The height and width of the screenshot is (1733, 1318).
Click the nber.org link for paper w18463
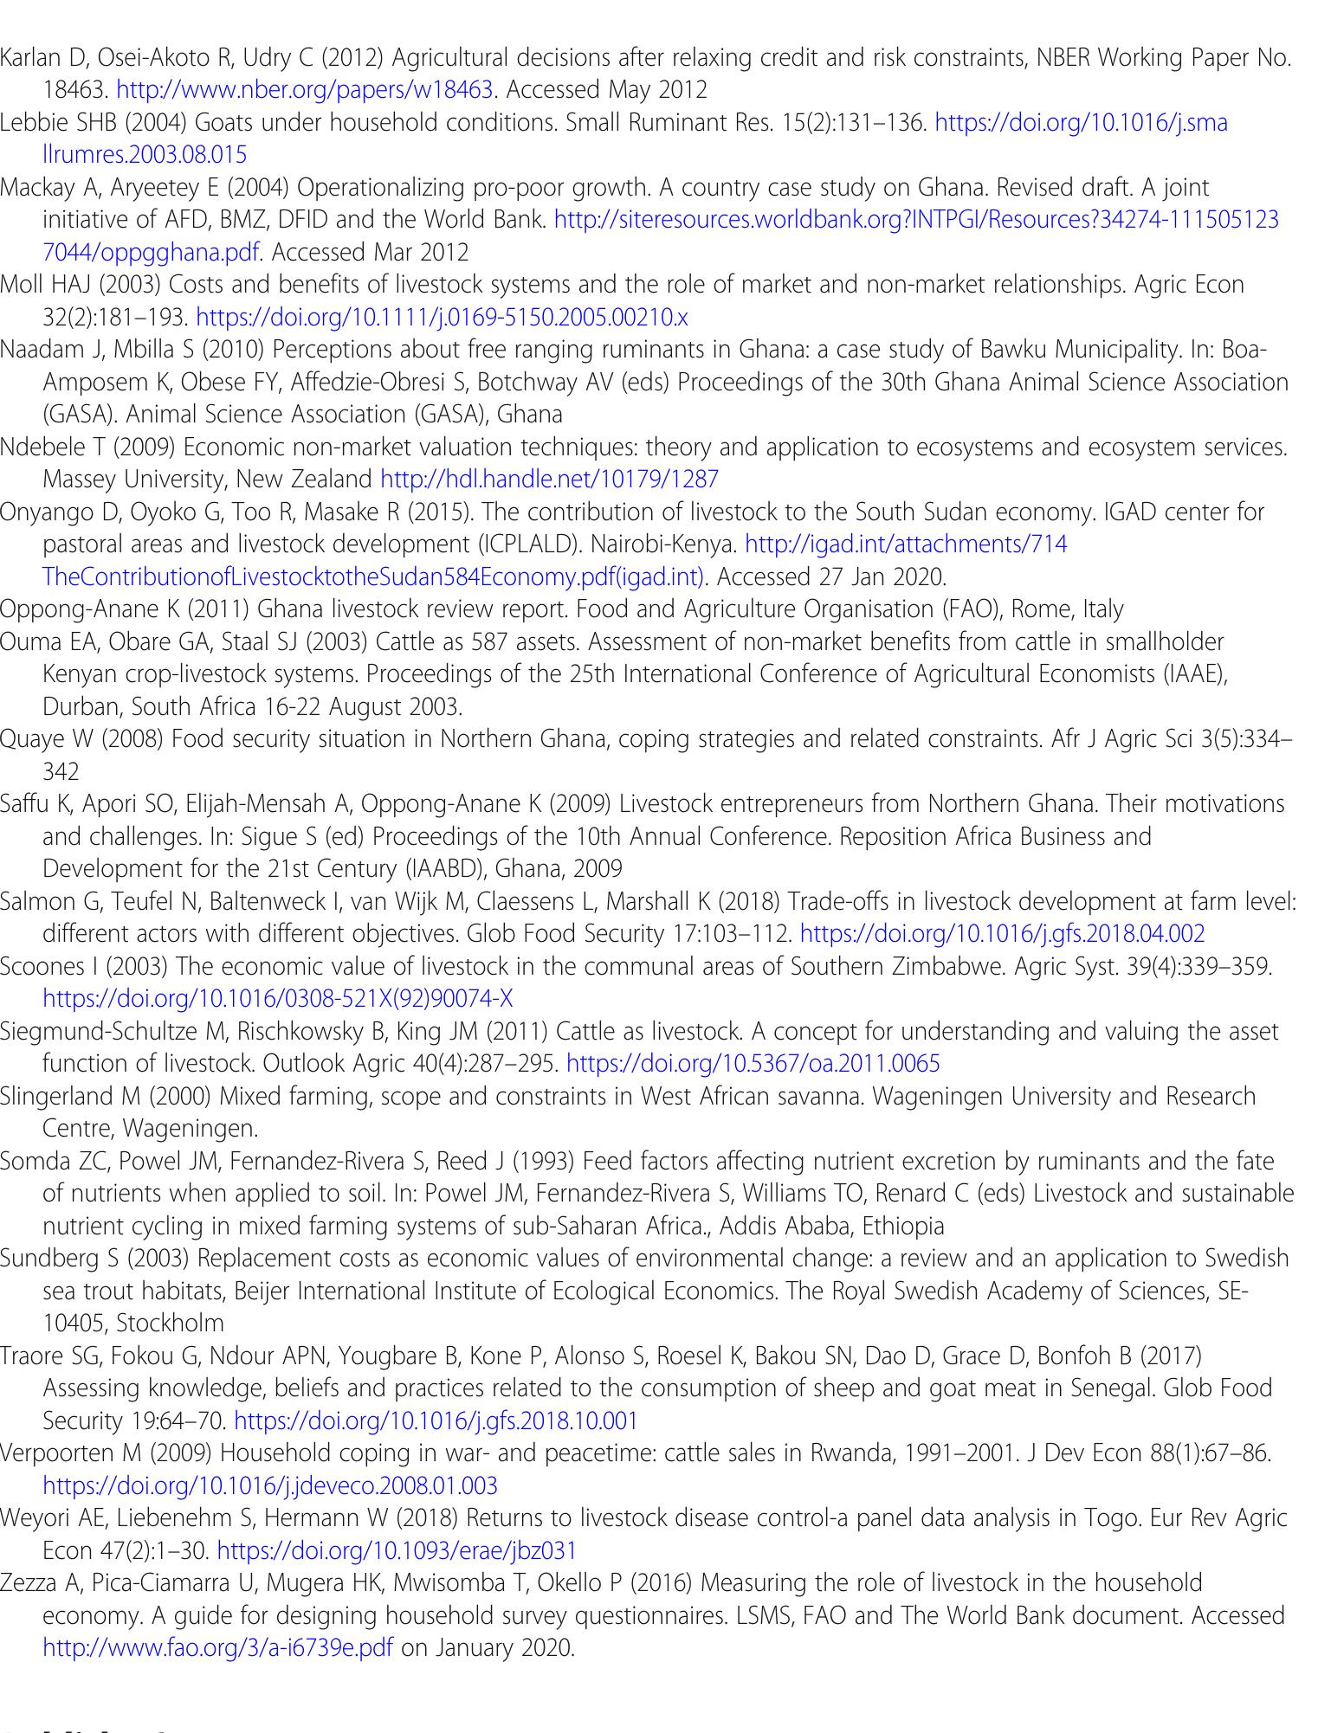click(305, 90)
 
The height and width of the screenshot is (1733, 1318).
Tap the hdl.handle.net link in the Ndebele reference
click(549, 480)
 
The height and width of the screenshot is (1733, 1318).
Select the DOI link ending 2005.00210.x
click(442, 318)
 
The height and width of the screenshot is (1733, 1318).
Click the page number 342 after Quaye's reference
click(61, 772)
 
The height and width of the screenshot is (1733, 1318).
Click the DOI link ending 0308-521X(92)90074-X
click(277, 1000)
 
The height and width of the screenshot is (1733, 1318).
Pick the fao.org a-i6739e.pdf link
click(217, 1647)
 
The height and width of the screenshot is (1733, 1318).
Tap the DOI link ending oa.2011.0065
click(752, 1064)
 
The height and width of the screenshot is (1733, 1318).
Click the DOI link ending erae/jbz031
click(396, 1550)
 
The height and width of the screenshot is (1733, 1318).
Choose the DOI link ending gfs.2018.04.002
click(1002, 934)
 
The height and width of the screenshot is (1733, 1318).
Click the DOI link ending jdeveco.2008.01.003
click(270, 1486)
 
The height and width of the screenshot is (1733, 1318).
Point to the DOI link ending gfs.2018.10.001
click(436, 1421)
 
